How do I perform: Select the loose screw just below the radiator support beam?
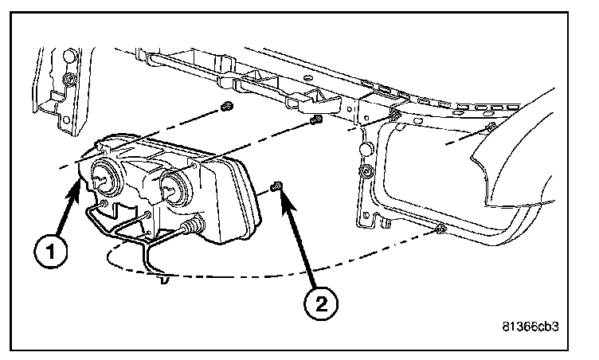coord(315,120)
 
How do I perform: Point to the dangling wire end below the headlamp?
coord(164,279)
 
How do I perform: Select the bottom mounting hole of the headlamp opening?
coord(440,230)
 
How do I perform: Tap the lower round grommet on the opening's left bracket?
coord(366,173)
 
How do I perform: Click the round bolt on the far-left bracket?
coord(71,80)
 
